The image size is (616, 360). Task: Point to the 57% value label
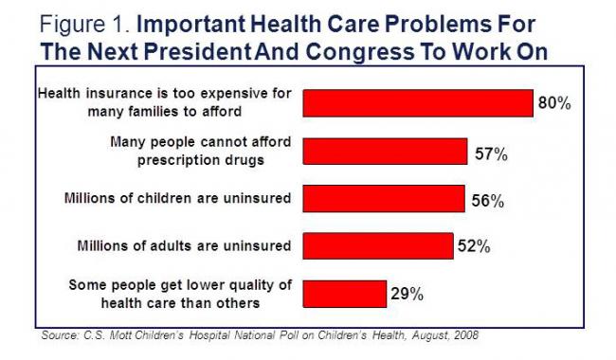pos(490,153)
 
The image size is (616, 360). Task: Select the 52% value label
pos(473,247)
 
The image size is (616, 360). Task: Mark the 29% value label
pos(407,295)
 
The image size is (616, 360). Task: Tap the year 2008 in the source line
pos(465,335)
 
